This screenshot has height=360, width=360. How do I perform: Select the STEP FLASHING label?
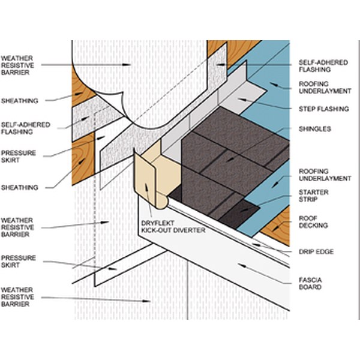pos(315,109)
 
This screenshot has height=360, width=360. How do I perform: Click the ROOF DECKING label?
pos(313,221)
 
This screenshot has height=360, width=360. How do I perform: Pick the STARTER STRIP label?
pos(313,195)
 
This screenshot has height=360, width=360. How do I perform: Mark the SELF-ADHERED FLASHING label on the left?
pos(17,127)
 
